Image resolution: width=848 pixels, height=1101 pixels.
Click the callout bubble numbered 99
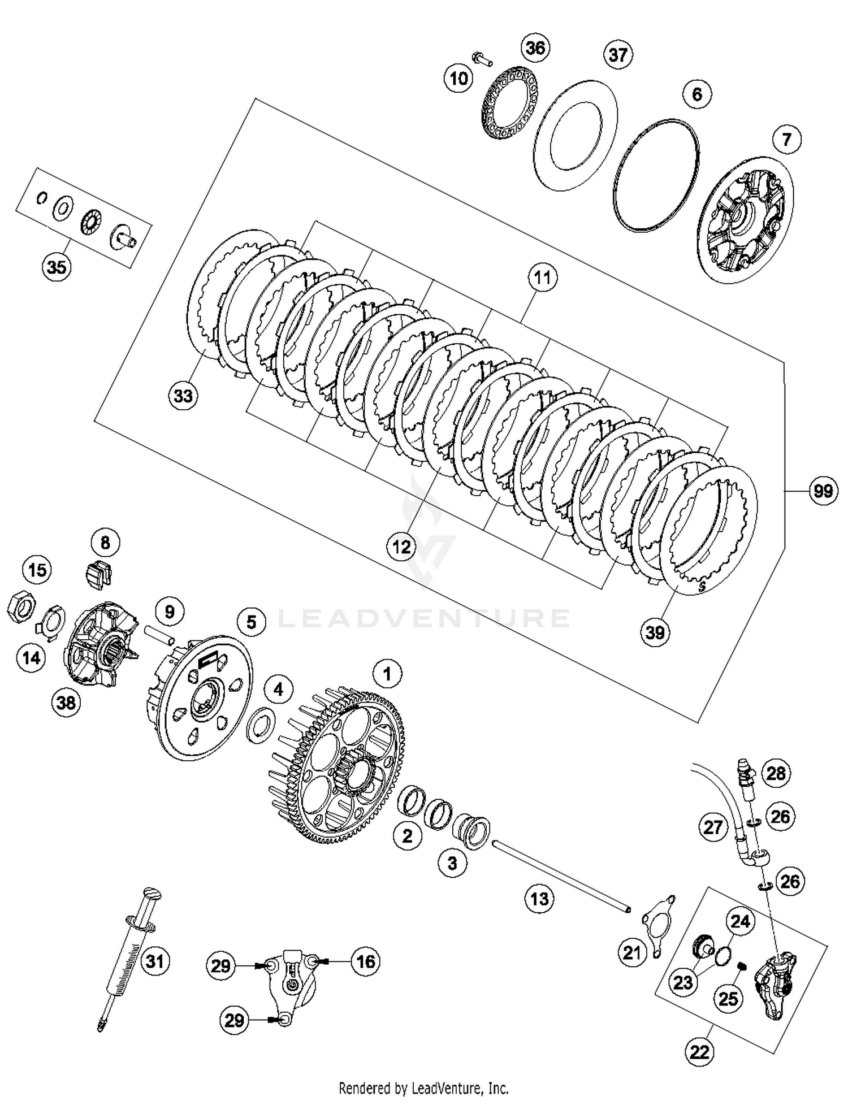823,491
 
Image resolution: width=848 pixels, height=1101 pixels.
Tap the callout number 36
535,48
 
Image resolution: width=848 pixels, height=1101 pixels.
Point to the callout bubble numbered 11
542,278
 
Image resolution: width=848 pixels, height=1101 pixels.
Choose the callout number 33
183,396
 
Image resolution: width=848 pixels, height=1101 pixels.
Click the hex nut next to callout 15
21,609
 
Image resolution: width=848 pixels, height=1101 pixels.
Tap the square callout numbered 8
105,543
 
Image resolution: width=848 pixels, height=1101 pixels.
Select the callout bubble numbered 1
387,674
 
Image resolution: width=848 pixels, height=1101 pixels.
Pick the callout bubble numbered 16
366,961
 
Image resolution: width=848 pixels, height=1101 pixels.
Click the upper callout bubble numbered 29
220,965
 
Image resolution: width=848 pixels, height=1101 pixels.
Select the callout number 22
699,1051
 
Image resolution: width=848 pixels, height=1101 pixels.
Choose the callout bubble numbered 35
57,266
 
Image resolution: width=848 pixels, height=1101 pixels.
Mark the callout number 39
655,631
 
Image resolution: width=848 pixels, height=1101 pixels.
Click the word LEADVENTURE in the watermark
424,618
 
